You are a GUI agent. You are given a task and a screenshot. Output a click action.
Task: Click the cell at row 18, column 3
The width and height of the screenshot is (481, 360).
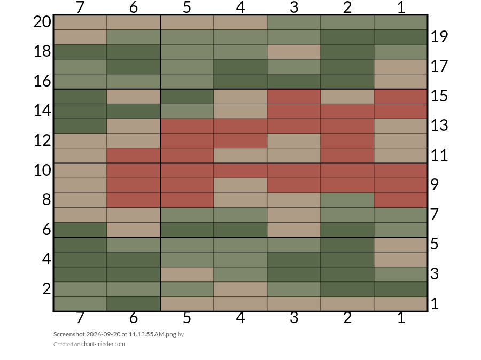click(x=294, y=52)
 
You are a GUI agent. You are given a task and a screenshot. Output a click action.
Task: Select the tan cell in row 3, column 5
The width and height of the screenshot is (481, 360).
click(x=187, y=275)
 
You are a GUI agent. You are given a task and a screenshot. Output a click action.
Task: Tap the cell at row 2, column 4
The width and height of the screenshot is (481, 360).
click(x=241, y=289)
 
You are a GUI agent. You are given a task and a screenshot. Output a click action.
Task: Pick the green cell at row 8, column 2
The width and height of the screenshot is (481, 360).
click(x=347, y=200)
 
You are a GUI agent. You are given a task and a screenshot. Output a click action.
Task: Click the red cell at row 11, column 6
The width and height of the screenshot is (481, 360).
click(x=134, y=156)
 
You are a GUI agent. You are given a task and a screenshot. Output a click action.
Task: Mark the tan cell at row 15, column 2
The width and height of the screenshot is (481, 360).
click(x=347, y=96)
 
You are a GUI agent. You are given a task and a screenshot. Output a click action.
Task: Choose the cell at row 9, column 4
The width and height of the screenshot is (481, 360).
click(x=241, y=185)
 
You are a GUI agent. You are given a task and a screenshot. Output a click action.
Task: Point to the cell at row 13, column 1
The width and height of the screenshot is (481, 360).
click(x=401, y=126)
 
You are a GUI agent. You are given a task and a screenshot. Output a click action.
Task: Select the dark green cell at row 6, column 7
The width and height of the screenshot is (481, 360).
click(x=80, y=230)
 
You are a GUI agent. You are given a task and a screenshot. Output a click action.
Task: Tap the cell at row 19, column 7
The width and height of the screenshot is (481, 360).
click(x=80, y=37)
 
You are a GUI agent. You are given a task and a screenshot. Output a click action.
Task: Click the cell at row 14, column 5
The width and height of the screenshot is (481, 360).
click(x=187, y=111)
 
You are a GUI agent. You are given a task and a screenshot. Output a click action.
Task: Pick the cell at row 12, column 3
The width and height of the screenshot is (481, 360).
click(x=294, y=141)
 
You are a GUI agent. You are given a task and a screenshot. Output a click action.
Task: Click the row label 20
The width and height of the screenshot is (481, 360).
click(x=42, y=22)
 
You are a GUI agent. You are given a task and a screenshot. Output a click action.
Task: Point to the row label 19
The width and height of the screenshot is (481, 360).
click(x=439, y=36)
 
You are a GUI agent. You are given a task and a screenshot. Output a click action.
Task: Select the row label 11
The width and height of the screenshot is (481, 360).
click(x=439, y=155)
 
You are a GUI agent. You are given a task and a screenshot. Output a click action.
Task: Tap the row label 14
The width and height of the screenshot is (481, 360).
click(x=42, y=111)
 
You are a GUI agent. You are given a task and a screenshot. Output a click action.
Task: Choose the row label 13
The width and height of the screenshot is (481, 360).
click(x=439, y=126)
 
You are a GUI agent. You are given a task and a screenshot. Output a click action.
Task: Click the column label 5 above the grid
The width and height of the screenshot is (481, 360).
click(x=187, y=7)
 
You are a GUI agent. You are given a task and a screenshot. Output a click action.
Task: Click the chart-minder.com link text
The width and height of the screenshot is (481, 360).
click(x=103, y=344)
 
